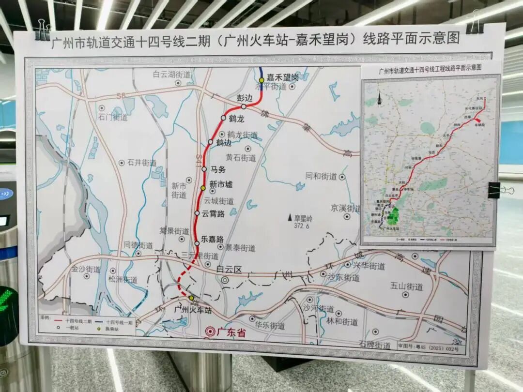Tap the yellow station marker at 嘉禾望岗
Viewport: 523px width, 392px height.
coord(261,80)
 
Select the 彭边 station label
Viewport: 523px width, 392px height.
coord(245,98)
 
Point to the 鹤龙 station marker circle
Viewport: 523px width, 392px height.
coord(223,118)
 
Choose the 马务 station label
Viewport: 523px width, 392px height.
coord(218,169)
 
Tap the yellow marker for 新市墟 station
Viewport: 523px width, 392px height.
coord(203,187)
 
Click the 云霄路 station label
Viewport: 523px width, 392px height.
coord(213,214)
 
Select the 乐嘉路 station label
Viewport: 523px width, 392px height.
coord(213,239)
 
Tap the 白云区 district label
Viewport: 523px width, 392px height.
coord(229,270)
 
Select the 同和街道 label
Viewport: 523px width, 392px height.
coord(321,176)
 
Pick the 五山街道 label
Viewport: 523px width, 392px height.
coord(406,286)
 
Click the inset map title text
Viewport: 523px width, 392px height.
coord(430,68)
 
